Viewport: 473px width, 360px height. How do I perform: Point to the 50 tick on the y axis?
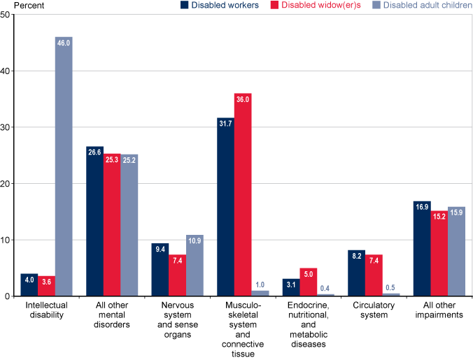[x=6, y=15]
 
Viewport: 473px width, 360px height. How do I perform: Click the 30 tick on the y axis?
[x=6, y=127]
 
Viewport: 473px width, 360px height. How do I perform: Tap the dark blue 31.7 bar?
[x=225, y=207]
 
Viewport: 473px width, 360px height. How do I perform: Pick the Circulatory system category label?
[x=373, y=311]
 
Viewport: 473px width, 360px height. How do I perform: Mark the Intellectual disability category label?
[x=46, y=311]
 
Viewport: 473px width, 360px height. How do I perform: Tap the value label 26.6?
[x=95, y=152]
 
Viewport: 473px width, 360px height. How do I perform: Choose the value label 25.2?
[x=129, y=159]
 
